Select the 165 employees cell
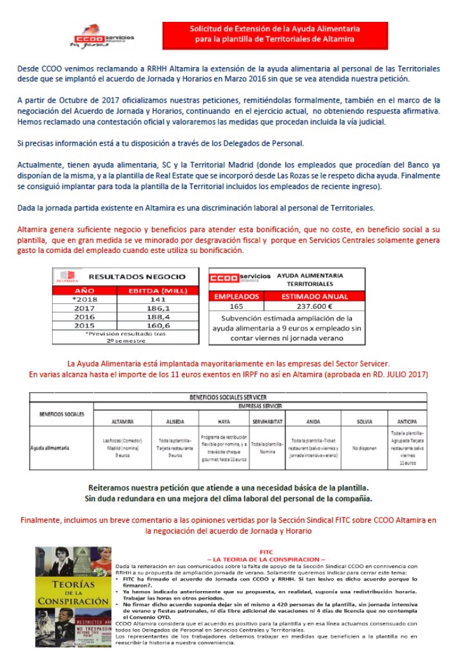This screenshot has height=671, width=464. pos(236,306)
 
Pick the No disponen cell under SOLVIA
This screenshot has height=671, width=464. pos(364,446)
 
